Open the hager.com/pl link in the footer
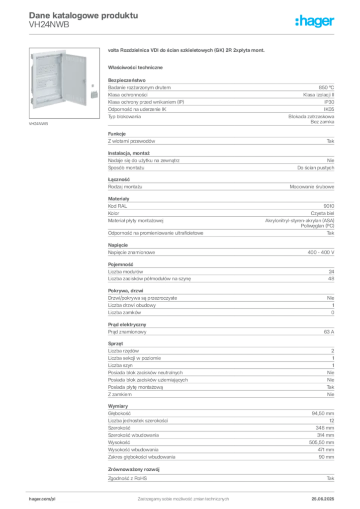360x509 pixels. pyautogui.click(x=42, y=498)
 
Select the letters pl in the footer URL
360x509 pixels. pyautogui.click(x=53, y=498)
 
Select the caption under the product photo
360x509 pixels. pyautogui.click(x=39, y=123)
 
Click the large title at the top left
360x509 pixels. pyautogui.click(x=83, y=15)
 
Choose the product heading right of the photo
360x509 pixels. pyautogui.click(x=187, y=51)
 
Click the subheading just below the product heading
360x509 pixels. pyautogui.click(x=137, y=67)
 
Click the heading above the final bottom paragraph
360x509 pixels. pyautogui.click(x=135, y=468)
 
